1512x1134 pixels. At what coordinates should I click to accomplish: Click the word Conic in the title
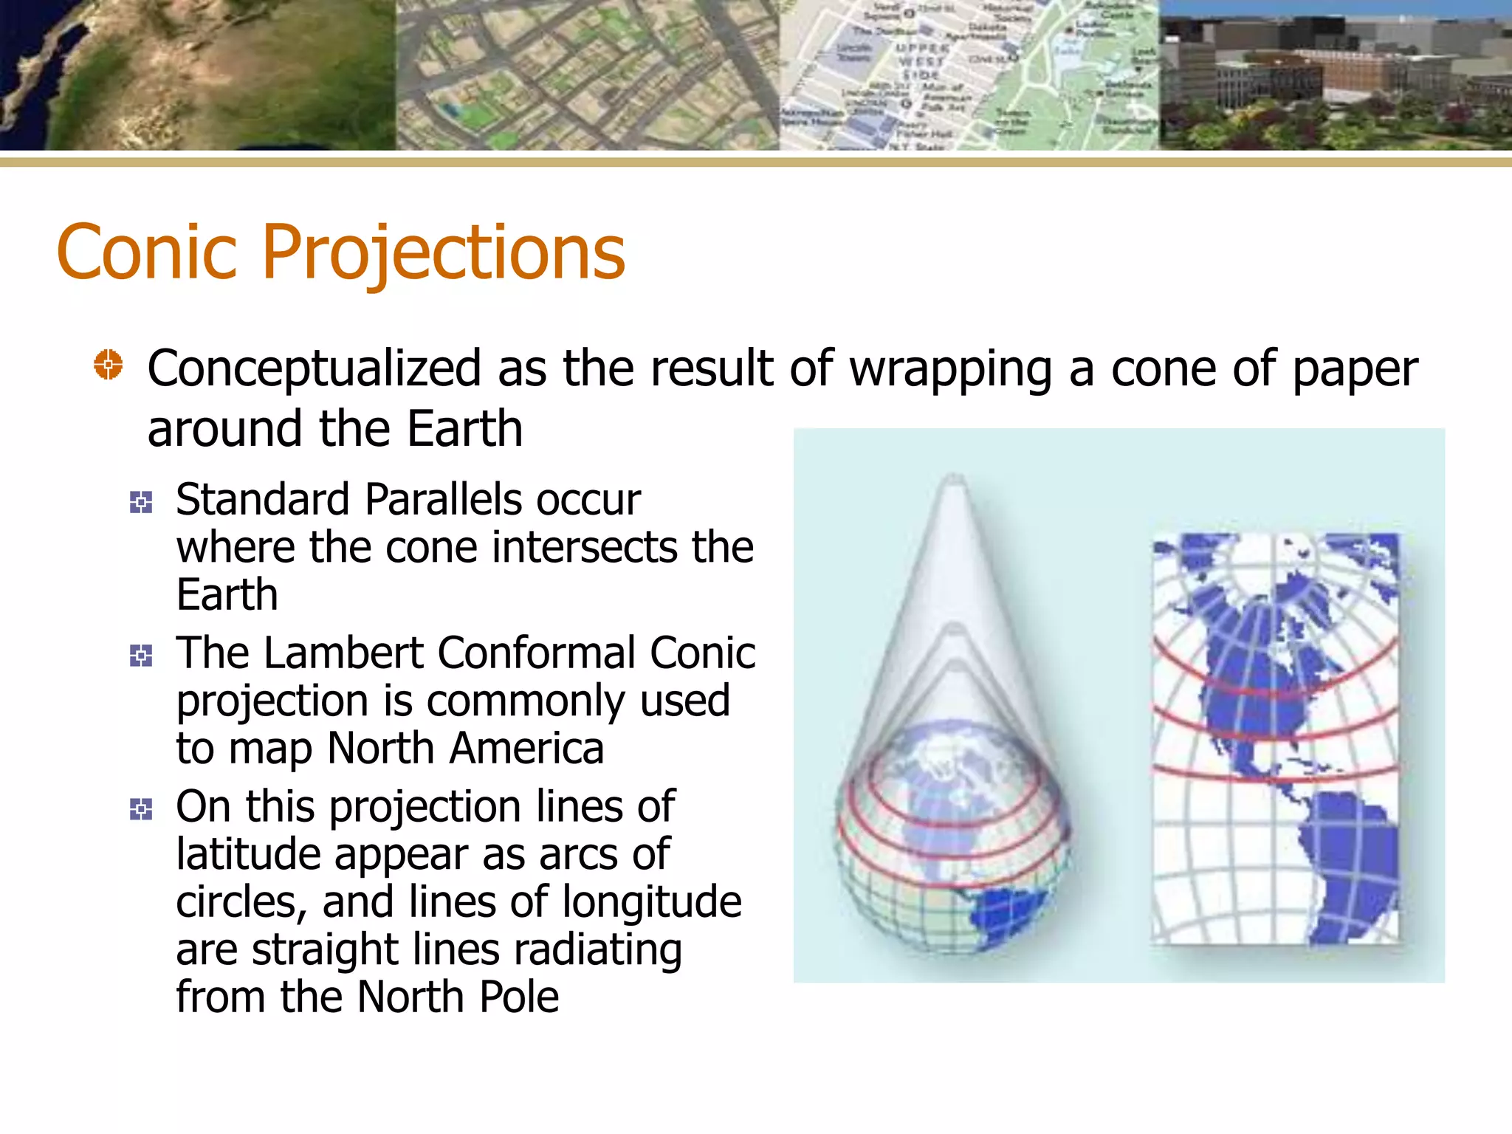pyautogui.click(x=146, y=252)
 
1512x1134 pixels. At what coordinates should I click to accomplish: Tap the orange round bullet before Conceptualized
pyautogui.click(x=109, y=365)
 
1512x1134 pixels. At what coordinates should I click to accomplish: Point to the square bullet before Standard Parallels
pyautogui.click(x=141, y=503)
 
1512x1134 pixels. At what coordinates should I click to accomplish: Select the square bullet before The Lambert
pyautogui.click(x=141, y=656)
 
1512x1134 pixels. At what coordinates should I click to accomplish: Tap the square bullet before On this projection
pyautogui.click(x=141, y=809)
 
